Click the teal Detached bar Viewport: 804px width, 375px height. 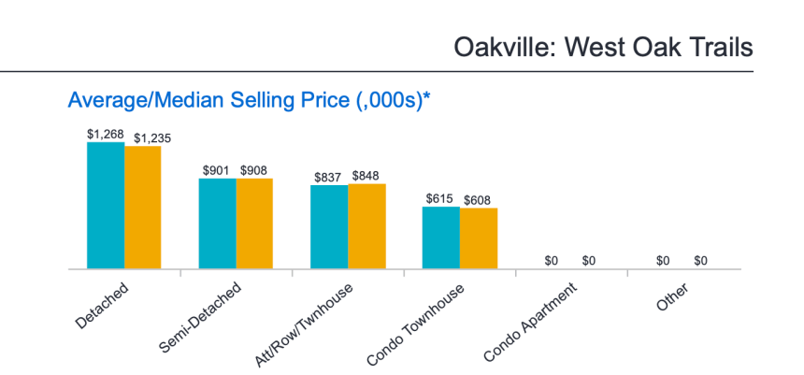click(106, 206)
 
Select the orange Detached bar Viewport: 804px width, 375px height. click(142, 208)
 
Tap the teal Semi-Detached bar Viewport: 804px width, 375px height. click(217, 224)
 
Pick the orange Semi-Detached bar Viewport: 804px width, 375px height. click(254, 224)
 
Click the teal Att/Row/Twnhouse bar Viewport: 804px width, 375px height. click(329, 227)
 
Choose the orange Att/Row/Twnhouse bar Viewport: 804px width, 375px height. click(366, 226)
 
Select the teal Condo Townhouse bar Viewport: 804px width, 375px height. click(441, 238)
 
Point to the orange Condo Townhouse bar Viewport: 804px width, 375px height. click(479, 239)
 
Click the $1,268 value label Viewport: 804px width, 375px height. click(106, 134)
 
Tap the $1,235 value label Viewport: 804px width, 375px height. click(151, 138)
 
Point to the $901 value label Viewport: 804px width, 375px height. click(217, 170)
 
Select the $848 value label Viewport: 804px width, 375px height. click(366, 176)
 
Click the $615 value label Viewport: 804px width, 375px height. click(441, 199)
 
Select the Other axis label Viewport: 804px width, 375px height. click(671, 298)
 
